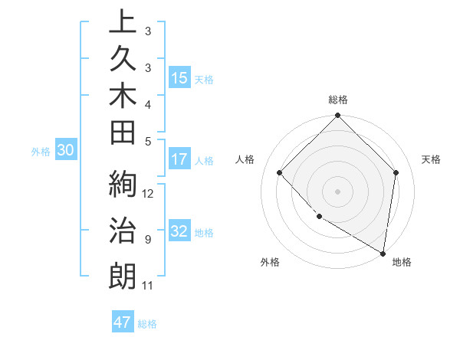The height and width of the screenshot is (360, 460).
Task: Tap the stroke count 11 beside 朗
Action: click(x=148, y=286)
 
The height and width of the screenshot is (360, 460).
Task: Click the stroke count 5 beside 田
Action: click(x=148, y=140)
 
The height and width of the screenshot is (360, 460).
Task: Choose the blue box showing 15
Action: click(x=179, y=78)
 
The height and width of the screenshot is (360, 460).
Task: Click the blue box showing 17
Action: click(x=179, y=160)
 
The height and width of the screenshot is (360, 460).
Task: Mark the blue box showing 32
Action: click(x=179, y=232)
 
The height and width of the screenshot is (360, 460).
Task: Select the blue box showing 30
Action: click(x=65, y=151)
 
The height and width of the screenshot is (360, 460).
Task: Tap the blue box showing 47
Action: click(x=123, y=322)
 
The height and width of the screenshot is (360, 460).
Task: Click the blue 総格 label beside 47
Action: click(x=148, y=324)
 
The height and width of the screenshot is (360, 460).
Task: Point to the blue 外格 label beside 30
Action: click(x=41, y=152)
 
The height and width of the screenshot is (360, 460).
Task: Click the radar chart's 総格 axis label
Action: click(x=338, y=100)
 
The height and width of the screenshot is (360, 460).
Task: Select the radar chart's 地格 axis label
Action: click(x=402, y=262)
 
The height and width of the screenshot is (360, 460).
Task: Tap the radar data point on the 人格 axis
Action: click(x=280, y=172)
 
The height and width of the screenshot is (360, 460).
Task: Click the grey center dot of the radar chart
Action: click(x=338, y=191)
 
